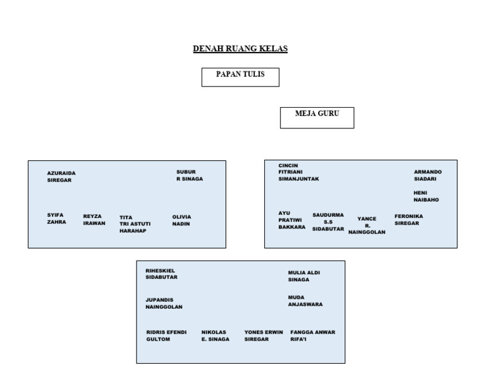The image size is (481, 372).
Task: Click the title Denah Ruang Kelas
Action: click(240, 49)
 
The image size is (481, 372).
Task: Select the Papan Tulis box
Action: click(240, 76)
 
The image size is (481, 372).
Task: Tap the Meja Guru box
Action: click(316, 117)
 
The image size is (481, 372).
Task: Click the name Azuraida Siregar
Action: click(61, 177)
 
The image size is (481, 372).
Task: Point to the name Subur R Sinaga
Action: click(189, 175)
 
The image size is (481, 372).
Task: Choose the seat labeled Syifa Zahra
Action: click(56, 219)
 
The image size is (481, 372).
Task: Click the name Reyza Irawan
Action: click(94, 219)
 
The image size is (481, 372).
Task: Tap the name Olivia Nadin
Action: click(182, 220)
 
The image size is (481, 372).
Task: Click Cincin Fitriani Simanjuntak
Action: click(299, 172)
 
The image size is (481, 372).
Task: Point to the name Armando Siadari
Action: click(427, 175)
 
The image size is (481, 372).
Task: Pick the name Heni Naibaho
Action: click(426, 196)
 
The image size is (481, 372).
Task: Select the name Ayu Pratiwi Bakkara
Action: click(291, 220)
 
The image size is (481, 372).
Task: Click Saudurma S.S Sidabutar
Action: click(328, 222)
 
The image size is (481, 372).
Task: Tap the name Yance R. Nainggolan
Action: click(366, 225)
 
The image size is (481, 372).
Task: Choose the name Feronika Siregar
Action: click(408, 220)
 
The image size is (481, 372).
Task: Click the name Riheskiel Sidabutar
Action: click(162, 274)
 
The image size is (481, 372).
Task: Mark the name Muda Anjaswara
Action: click(305, 301)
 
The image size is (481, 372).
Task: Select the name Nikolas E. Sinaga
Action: click(215, 336)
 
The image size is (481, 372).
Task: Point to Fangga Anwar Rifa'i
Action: click(313, 336)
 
